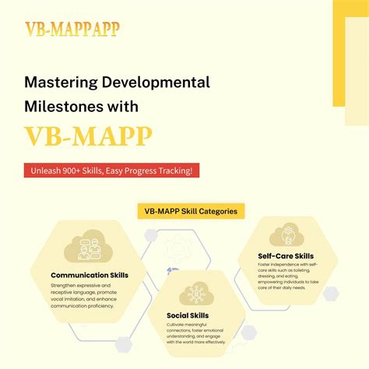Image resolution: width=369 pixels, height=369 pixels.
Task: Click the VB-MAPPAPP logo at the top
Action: (72, 30)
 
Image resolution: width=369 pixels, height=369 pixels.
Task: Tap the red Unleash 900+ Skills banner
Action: (111, 170)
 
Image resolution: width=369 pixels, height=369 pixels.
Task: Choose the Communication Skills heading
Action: (90, 275)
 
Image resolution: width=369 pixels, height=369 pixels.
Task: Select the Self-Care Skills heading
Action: (286, 255)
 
